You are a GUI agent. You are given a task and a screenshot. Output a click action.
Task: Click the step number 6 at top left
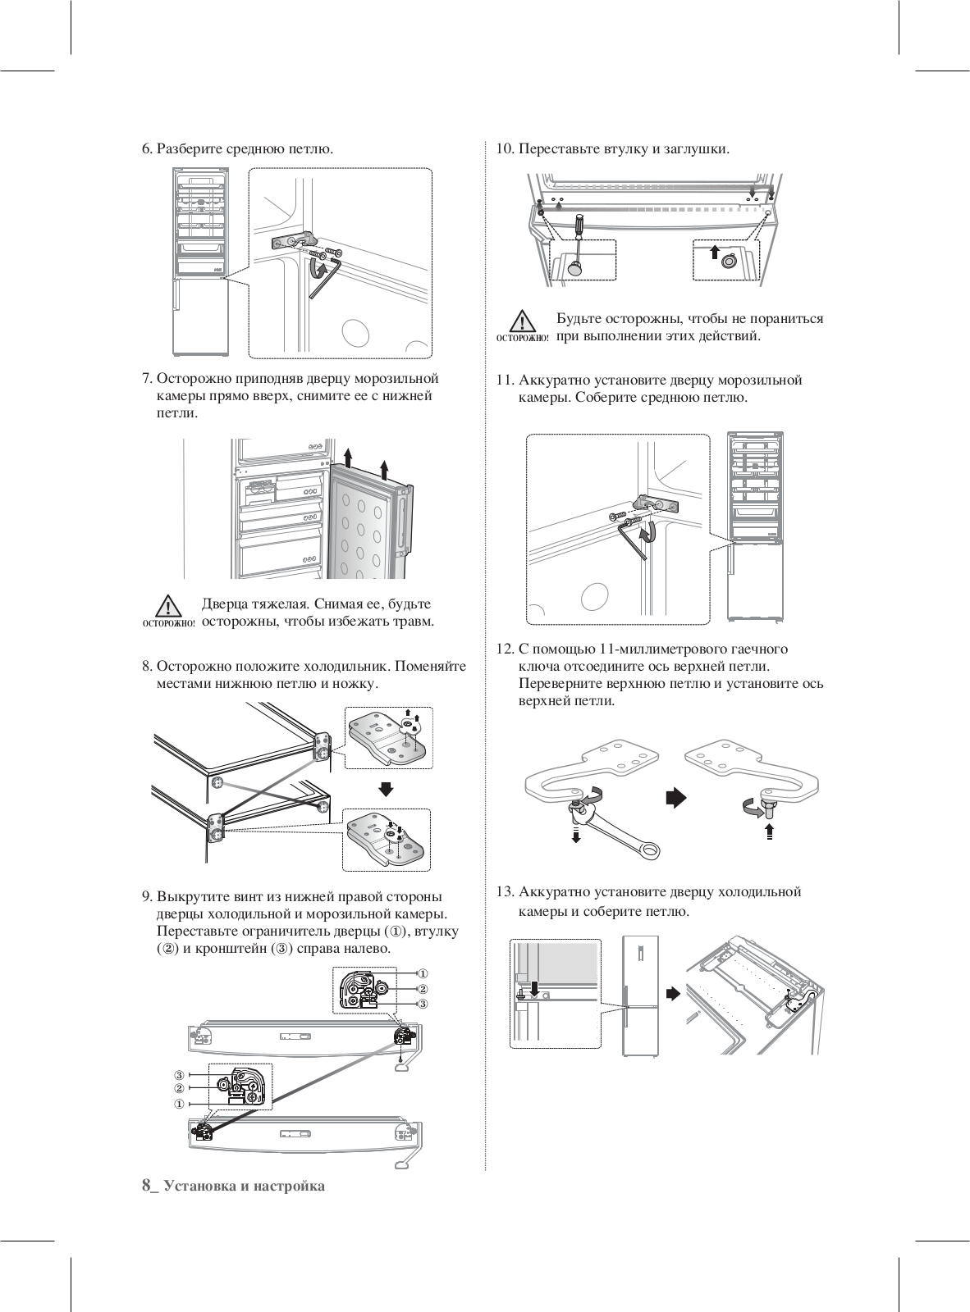point(146,149)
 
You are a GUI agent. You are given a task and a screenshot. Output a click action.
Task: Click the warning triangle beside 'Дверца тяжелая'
point(168,606)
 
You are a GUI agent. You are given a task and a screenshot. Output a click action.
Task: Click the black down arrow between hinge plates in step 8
point(387,788)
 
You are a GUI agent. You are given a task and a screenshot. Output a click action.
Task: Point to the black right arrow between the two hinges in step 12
point(675,798)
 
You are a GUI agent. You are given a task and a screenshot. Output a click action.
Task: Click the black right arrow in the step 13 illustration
point(672,993)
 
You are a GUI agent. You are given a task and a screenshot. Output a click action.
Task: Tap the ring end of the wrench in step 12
point(649,850)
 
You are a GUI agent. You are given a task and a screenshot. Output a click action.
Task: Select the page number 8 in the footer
point(147,1185)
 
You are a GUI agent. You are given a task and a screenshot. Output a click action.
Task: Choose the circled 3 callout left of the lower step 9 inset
point(178,1075)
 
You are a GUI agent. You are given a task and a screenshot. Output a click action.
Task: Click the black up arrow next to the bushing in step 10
point(714,251)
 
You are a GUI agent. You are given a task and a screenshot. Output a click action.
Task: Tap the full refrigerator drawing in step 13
point(640,995)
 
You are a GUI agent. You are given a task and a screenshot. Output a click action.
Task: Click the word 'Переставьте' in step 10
point(560,149)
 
